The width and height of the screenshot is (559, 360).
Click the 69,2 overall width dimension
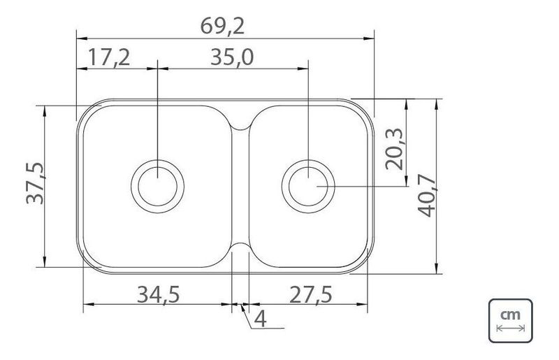(222, 26)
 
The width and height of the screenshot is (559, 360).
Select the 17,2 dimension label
(109, 57)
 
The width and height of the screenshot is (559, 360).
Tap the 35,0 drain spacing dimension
(232, 57)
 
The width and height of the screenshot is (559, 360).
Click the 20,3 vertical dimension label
(394, 149)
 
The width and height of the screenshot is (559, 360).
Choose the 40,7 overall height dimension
(426, 196)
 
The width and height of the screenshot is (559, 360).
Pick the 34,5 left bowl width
(159, 295)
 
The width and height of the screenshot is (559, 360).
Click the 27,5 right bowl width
(310, 295)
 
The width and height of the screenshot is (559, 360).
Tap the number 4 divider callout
(261, 319)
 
